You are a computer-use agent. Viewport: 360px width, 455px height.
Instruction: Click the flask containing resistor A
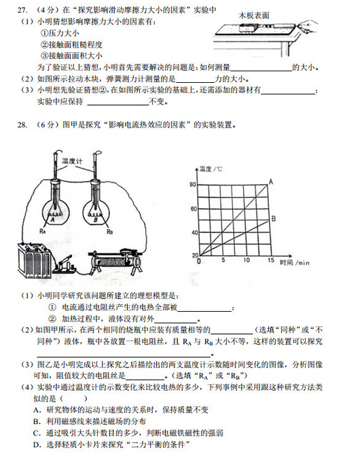click(52, 206)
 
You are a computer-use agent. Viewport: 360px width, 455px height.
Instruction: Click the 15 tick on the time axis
click(270, 261)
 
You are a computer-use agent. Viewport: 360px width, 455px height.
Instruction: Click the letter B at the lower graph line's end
click(274, 219)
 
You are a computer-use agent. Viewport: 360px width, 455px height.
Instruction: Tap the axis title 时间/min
click(293, 261)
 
